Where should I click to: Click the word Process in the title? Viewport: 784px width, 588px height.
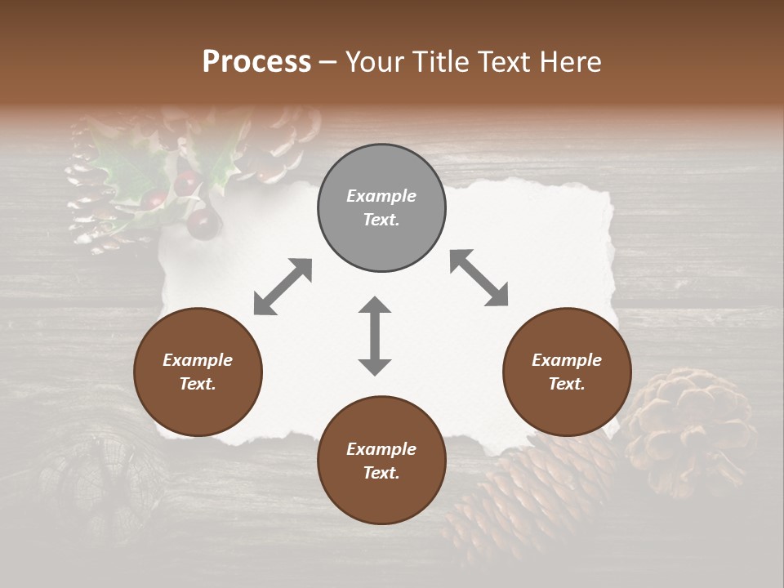pyautogui.click(x=256, y=62)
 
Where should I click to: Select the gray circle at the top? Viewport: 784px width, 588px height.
pyautogui.click(x=381, y=208)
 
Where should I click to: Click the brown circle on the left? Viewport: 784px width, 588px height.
pyautogui.click(x=198, y=372)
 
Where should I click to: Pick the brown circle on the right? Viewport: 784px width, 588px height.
pyautogui.click(x=567, y=372)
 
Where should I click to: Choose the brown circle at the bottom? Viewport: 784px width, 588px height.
pyautogui.click(x=381, y=461)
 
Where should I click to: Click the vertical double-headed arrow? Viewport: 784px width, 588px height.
pyautogui.click(x=375, y=336)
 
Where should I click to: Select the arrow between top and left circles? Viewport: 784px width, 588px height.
pyautogui.click(x=283, y=286)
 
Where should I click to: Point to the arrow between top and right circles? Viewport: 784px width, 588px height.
pyautogui.click(x=479, y=278)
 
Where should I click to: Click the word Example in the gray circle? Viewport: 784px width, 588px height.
pyautogui.click(x=381, y=196)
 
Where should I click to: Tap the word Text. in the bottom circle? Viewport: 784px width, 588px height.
pyautogui.click(x=381, y=473)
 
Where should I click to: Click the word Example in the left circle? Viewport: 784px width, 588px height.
pyautogui.click(x=198, y=360)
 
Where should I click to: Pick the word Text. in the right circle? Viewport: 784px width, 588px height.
pyautogui.click(x=567, y=384)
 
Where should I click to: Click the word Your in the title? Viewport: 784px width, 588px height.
pyautogui.click(x=375, y=62)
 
